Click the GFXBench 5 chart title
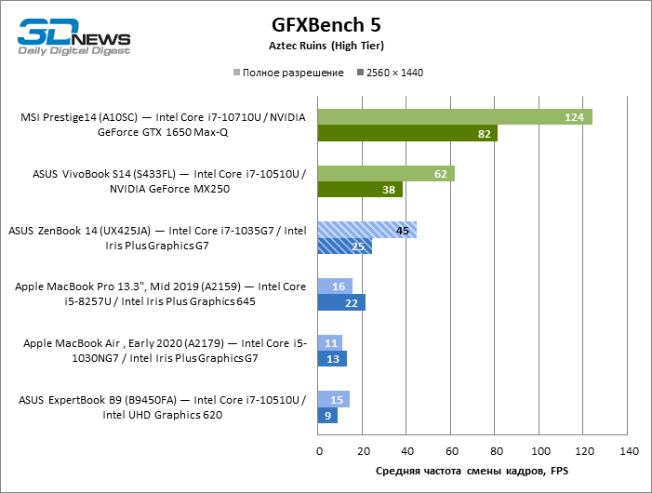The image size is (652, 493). tap(326, 23)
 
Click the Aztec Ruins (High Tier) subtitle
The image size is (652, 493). tap(326, 45)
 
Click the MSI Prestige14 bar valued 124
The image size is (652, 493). tap(454, 117)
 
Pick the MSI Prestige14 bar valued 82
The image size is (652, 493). tap(407, 134)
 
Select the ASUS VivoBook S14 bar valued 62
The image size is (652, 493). tap(386, 174)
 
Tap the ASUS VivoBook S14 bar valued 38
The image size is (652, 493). tap(359, 190)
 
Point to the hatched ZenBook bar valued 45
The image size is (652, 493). tap(366, 231)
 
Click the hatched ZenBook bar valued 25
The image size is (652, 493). tap(344, 246)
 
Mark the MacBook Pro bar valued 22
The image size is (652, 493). tap(341, 303)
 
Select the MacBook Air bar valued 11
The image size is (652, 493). tap(329, 343)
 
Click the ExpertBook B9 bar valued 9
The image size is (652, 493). tap(327, 416)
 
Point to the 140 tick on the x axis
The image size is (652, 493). tap(628, 451)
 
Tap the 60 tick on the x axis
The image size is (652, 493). tap(451, 451)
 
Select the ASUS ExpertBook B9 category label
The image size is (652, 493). tap(163, 407)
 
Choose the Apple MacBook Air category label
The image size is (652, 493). tap(163, 351)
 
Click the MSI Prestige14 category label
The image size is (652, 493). tap(163, 125)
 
